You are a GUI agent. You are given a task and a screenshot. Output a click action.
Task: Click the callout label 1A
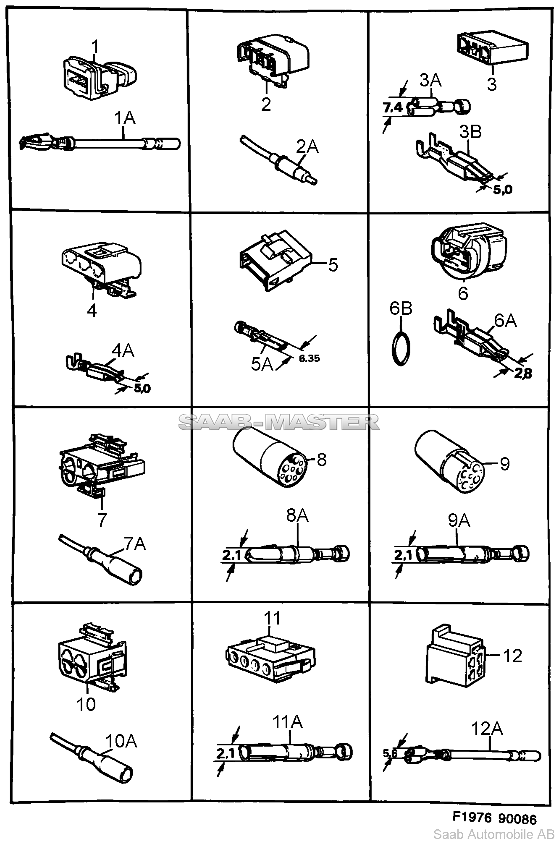[125, 118]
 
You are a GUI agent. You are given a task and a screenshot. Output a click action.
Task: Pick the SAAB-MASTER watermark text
[279, 422]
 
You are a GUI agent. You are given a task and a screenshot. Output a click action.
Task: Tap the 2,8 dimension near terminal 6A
[523, 373]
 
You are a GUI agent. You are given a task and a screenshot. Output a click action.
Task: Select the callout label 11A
[288, 722]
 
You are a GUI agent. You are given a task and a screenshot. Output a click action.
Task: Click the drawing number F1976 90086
[494, 818]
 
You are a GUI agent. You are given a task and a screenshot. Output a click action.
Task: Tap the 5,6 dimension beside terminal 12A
[390, 753]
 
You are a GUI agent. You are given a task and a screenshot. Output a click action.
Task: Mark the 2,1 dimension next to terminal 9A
[403, 555]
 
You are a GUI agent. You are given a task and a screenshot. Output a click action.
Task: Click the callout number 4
[92, 311]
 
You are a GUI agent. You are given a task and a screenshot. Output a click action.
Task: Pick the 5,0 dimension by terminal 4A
[142, 388]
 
